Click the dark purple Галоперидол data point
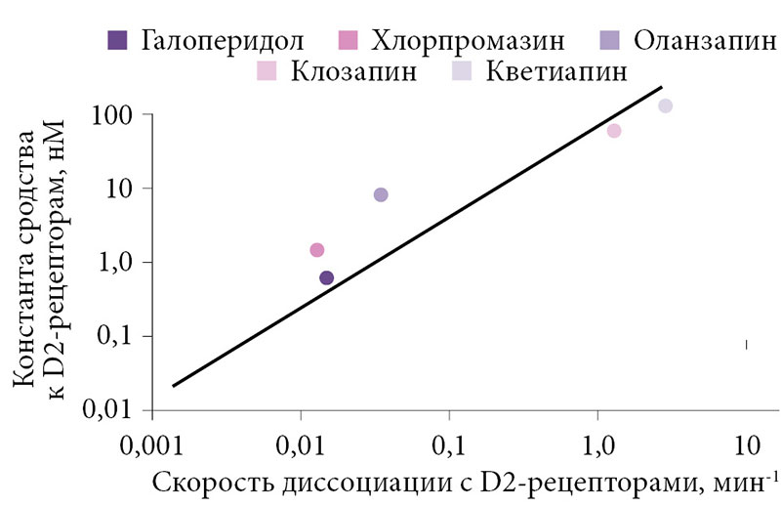(326, 277)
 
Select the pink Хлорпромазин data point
(316, 250)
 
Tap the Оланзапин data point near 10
(381, 194)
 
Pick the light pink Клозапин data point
(614, 131)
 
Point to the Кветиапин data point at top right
(665, 105)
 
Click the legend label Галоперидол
(223, 41)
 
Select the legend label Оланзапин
(704, 41)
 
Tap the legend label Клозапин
(359, 72)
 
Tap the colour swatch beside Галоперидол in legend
(117, 41)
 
